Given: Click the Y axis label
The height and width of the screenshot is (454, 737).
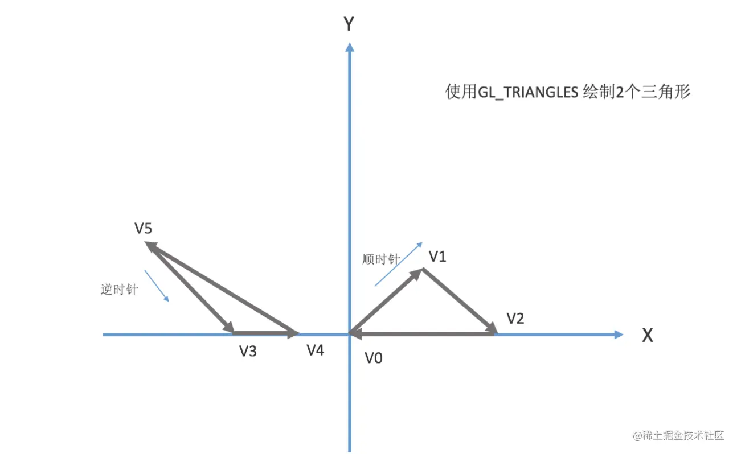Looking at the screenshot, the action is point(349,24).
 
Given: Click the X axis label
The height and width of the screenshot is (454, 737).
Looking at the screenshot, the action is point(648,336).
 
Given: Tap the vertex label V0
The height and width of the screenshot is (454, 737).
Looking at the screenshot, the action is point(374,358).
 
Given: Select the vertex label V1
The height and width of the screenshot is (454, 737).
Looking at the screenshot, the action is point(437,257).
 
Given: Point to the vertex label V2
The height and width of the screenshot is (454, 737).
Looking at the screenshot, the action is point(515,319).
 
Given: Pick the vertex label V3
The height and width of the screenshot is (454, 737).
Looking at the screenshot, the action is point(248,352).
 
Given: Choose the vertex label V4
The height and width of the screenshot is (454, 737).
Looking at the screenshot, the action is point(316,350).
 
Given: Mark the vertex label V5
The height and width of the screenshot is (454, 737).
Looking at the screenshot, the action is point(144,229).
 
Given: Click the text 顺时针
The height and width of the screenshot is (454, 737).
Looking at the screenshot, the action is point(381,259).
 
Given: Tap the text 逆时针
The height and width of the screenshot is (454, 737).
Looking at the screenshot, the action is point(119,290).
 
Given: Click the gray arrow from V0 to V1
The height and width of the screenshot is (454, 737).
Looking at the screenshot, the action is point(386,301).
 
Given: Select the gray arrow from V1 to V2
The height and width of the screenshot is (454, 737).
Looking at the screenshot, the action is point(459,300).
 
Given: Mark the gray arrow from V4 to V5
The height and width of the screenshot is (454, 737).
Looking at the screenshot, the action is point(222,287).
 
